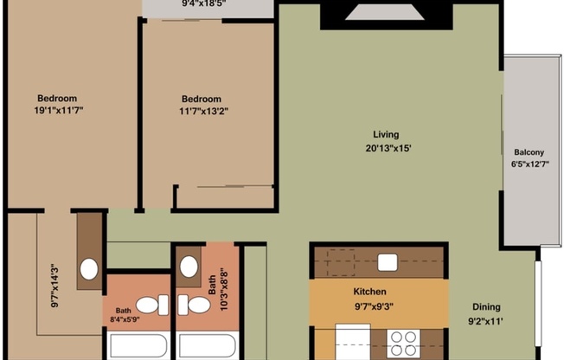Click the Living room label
tap(386, 134)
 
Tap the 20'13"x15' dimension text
tap(386, 147)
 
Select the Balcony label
tap(529, 151)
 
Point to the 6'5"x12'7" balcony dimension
tap(529, 164)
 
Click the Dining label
tap(486, 307)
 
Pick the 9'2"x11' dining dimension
tap(486, 320)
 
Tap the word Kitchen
tap(369, 292)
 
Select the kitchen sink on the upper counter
tap(387, 262)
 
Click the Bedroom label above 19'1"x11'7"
tap(57, 98)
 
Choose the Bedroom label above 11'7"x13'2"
tap(202, 99)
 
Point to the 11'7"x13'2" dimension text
tap(203, 111)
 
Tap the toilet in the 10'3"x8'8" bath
tap(195, 305)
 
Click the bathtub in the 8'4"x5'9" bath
tap(137, 346)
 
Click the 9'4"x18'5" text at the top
tap(204, 3)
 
